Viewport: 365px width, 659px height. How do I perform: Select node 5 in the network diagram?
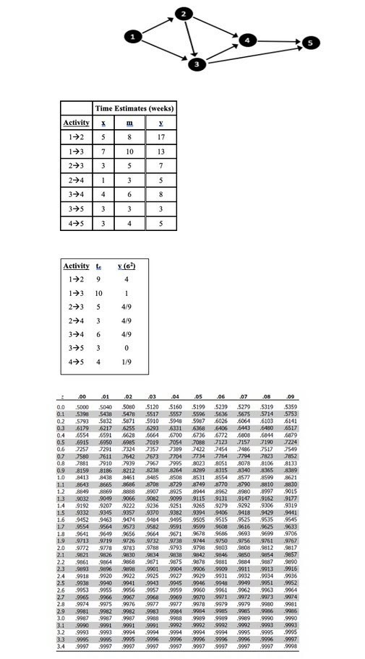[311, 43]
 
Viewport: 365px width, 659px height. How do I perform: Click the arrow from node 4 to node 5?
[279, 40]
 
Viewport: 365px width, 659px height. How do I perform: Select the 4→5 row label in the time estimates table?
[77, 223]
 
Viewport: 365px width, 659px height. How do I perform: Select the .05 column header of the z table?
[198, 396]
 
